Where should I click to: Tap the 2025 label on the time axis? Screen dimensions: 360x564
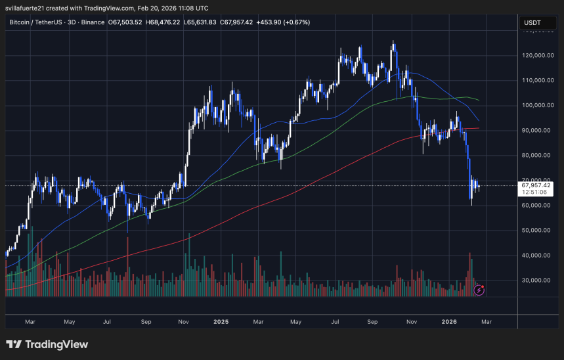(x=221, y=322)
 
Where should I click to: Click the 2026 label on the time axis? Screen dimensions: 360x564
(x=449, y=322)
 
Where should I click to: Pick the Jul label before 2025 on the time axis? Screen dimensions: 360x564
(x=107, y=322)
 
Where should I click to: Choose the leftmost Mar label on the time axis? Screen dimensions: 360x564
(x=30, y=322)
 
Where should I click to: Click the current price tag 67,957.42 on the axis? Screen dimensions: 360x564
(x=536, y=185)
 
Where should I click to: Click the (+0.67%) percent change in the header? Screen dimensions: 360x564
(x=296, y=22)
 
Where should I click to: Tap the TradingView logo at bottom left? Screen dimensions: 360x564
(x=47, y=344)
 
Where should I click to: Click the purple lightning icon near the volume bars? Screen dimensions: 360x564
(x=479, y=289)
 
